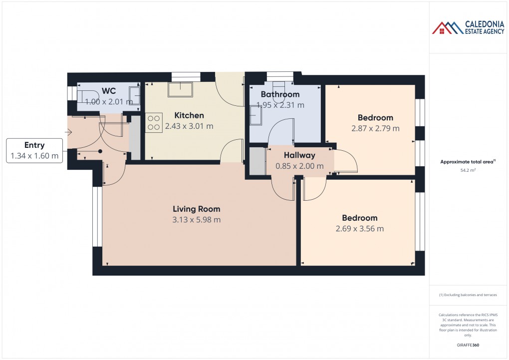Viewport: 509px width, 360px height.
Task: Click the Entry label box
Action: [x=34, y=151]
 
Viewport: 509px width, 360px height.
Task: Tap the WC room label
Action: [x=109, y=91]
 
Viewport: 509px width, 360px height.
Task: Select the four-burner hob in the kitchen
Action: [x=154, y=123]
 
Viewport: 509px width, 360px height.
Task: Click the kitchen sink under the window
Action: [x=180, y=89]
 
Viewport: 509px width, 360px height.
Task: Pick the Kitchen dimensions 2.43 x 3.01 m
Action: [x=189, y=126]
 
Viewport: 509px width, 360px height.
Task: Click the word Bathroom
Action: [x=280, y=94]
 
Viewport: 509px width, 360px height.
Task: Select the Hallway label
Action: [x=299, y=155]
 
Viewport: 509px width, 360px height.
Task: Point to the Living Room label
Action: [x=196, y=209]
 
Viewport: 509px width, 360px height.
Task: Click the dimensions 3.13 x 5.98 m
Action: [x=196, y=220]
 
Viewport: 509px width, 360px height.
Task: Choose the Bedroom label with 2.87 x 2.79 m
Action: [x=375, y=118]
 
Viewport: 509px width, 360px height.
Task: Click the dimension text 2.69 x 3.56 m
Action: [x=359, y=229]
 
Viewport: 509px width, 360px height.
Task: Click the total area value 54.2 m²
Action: [x=468, y=170]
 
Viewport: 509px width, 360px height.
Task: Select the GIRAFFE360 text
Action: [x=468, y=345]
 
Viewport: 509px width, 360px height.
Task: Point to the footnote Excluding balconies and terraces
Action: [x=468, y=295]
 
